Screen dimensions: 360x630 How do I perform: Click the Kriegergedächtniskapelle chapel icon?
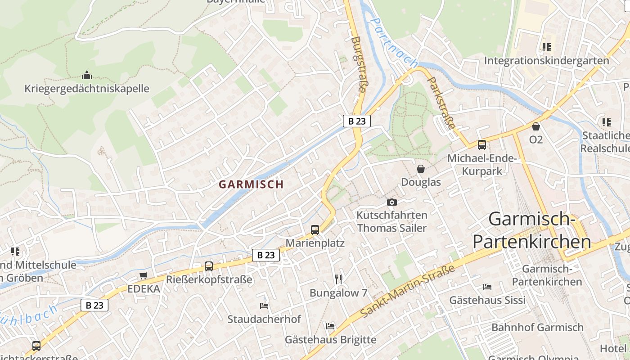click(x=87, y=75)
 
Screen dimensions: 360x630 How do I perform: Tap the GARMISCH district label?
click(x=251, y=184)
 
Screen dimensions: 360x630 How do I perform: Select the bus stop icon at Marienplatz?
click(x=315, y=230)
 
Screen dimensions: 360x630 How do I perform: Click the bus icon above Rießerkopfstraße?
click(x=209, y=266)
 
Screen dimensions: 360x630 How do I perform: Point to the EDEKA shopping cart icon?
click(x=143, y=275)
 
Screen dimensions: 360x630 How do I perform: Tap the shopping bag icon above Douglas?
click(x=421, y=169)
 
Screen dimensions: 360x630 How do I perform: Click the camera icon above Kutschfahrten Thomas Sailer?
click(x=392, y=202)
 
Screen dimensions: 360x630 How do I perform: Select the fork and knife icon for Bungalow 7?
click(x=338, y=279)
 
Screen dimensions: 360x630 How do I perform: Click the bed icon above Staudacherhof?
click(x=264, y=306)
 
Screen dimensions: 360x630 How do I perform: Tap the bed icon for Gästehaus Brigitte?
click(x=330, y=326)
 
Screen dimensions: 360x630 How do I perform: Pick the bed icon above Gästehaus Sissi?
click(x=487, y=287)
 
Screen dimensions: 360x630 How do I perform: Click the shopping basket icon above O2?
click(x=535, y=126)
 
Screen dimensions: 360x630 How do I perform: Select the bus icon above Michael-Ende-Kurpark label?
click(x=482, y=145)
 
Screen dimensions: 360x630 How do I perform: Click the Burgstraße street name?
click(x=358, y=64)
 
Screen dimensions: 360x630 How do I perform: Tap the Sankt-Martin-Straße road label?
click(x=407, y=292)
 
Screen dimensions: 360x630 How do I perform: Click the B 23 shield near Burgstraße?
click(x=356, y=121)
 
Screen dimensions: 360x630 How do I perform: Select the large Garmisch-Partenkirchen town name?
click(x=531, y=230)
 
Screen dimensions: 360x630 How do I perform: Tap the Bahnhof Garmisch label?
click(x=537, y=327)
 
